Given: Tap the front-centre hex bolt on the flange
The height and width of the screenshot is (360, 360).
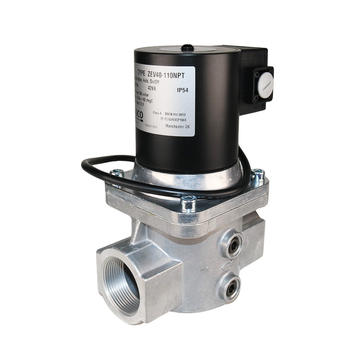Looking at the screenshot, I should point(188,203).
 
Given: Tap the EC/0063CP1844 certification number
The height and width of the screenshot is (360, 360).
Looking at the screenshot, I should point(177,118).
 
